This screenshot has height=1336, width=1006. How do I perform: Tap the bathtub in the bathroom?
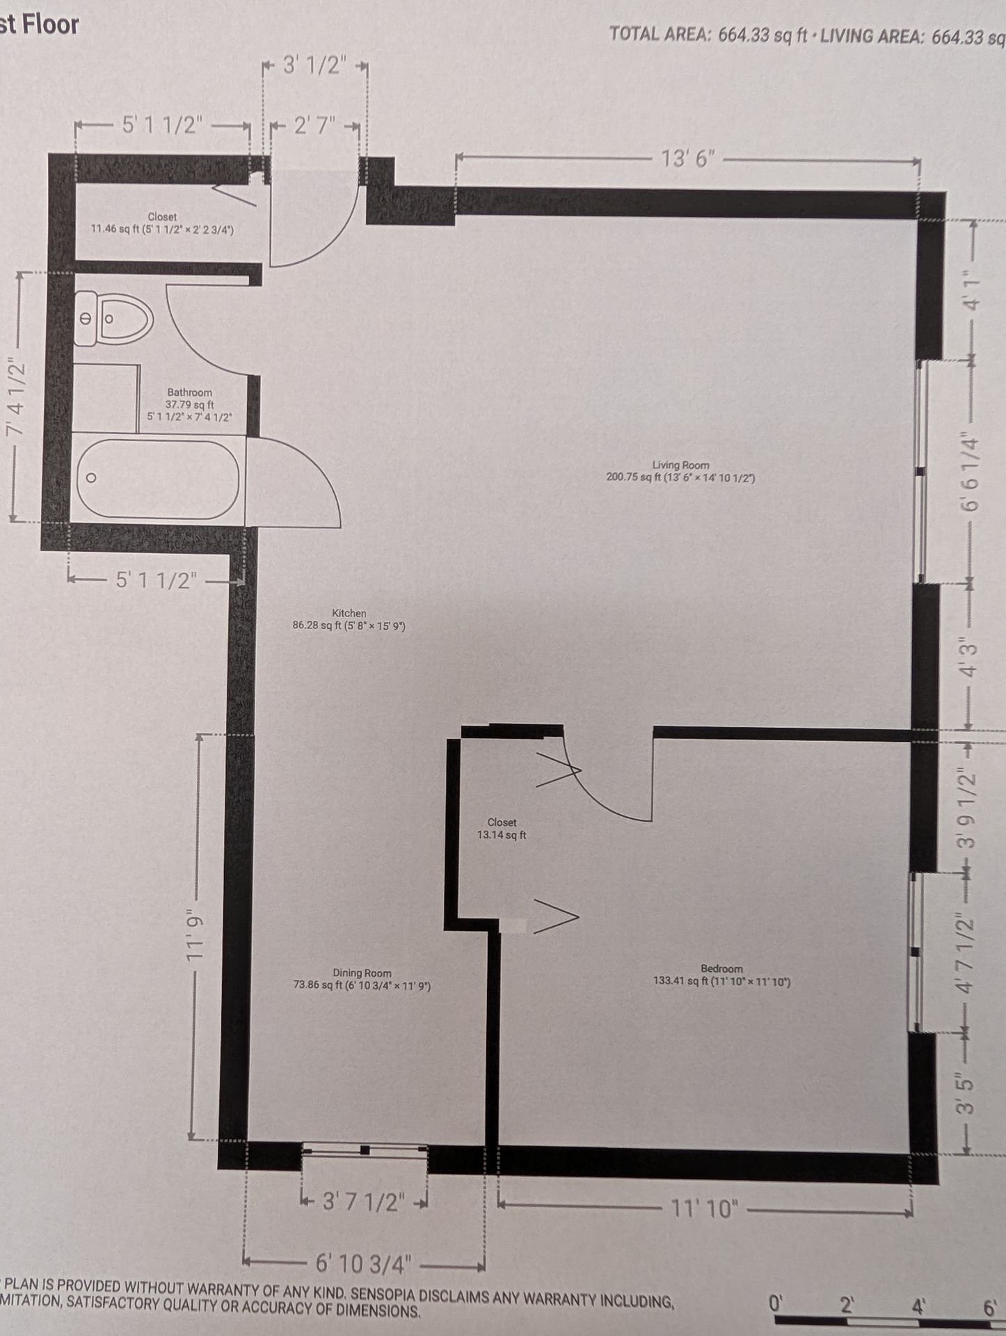tap(158, 479)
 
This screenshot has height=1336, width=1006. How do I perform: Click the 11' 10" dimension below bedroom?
tap(703, 1209)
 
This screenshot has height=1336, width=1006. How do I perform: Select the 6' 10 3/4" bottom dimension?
tap(364, 1264)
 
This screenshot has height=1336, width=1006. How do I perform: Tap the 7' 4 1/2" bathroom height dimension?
tap(16, 397)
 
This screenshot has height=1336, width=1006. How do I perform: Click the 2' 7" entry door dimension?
tap(315, 127)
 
